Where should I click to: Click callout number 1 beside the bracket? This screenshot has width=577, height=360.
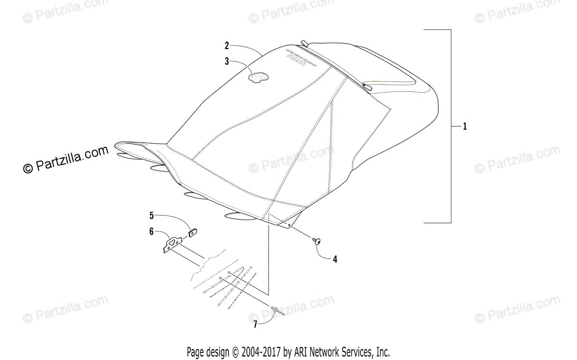[465, 127]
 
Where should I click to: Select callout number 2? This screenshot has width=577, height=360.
[226, 46]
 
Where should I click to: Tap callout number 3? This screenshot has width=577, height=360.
[226, 61]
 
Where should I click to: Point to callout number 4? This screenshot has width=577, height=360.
[335, 259]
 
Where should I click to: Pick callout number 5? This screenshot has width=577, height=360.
[151, 215]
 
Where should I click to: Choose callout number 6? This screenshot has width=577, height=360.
[151, 231]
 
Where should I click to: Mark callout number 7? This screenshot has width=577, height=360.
[255, 324]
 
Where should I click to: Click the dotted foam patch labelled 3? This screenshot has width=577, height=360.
[258, 77]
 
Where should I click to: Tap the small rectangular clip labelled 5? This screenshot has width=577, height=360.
[193, 233]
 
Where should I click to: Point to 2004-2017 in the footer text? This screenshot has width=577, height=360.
[258, 351]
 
